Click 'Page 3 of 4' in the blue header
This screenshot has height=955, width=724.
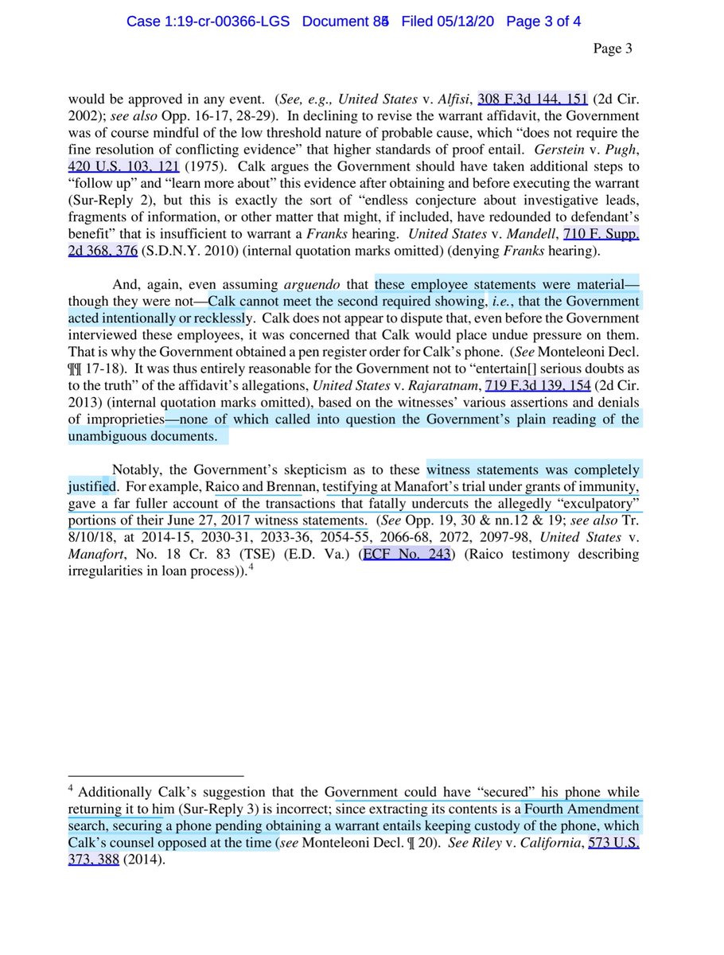click(543, 21)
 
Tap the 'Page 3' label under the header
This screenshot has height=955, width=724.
click(613, 49)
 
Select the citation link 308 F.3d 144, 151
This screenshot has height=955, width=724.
click(532, 99)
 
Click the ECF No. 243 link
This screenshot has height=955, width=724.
click(405, 555)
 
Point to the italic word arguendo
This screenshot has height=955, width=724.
click(325, 283)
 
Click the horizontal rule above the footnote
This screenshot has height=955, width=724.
click(155, 774)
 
